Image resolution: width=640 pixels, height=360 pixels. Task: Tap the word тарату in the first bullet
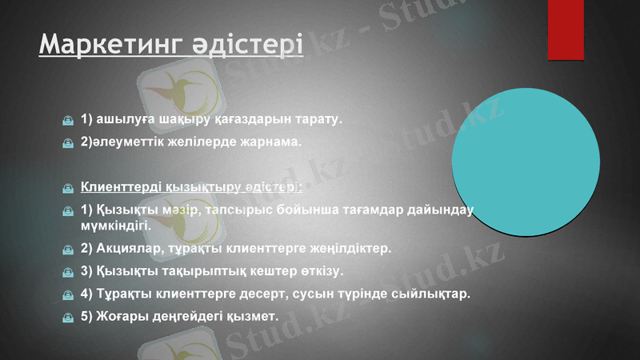pos(319,120)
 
